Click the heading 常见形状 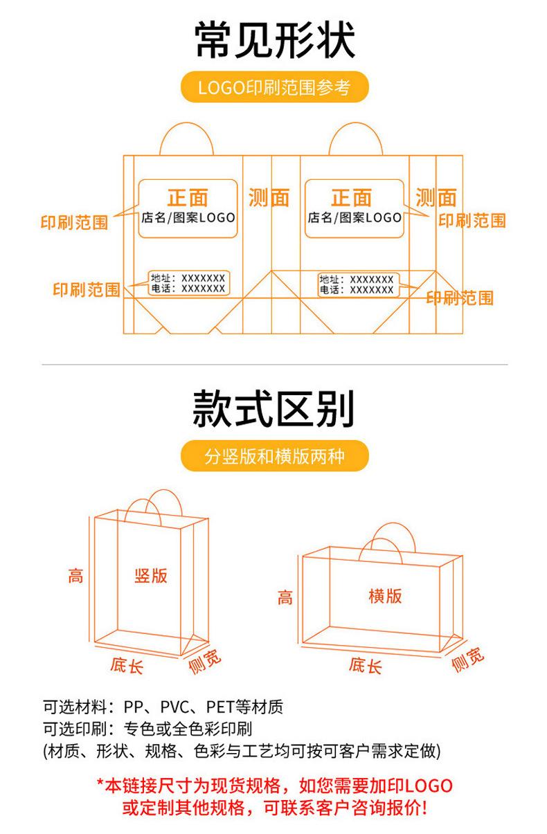(273, 39)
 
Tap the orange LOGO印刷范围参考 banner (273, 87)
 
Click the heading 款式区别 (273, 408)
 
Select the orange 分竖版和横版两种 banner (273, 457)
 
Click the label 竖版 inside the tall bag (151, 575)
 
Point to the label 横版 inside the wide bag (385, 596)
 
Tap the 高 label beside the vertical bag (75, 575)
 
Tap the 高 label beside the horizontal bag (285, 597)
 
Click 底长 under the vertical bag (127, 666)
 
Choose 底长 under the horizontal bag (365, 666)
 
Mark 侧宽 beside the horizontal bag (468, 660)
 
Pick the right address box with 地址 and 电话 (357, 284)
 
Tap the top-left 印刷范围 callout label (74, 223)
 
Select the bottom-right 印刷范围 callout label (460, 298)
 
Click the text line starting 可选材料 (163, 707)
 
